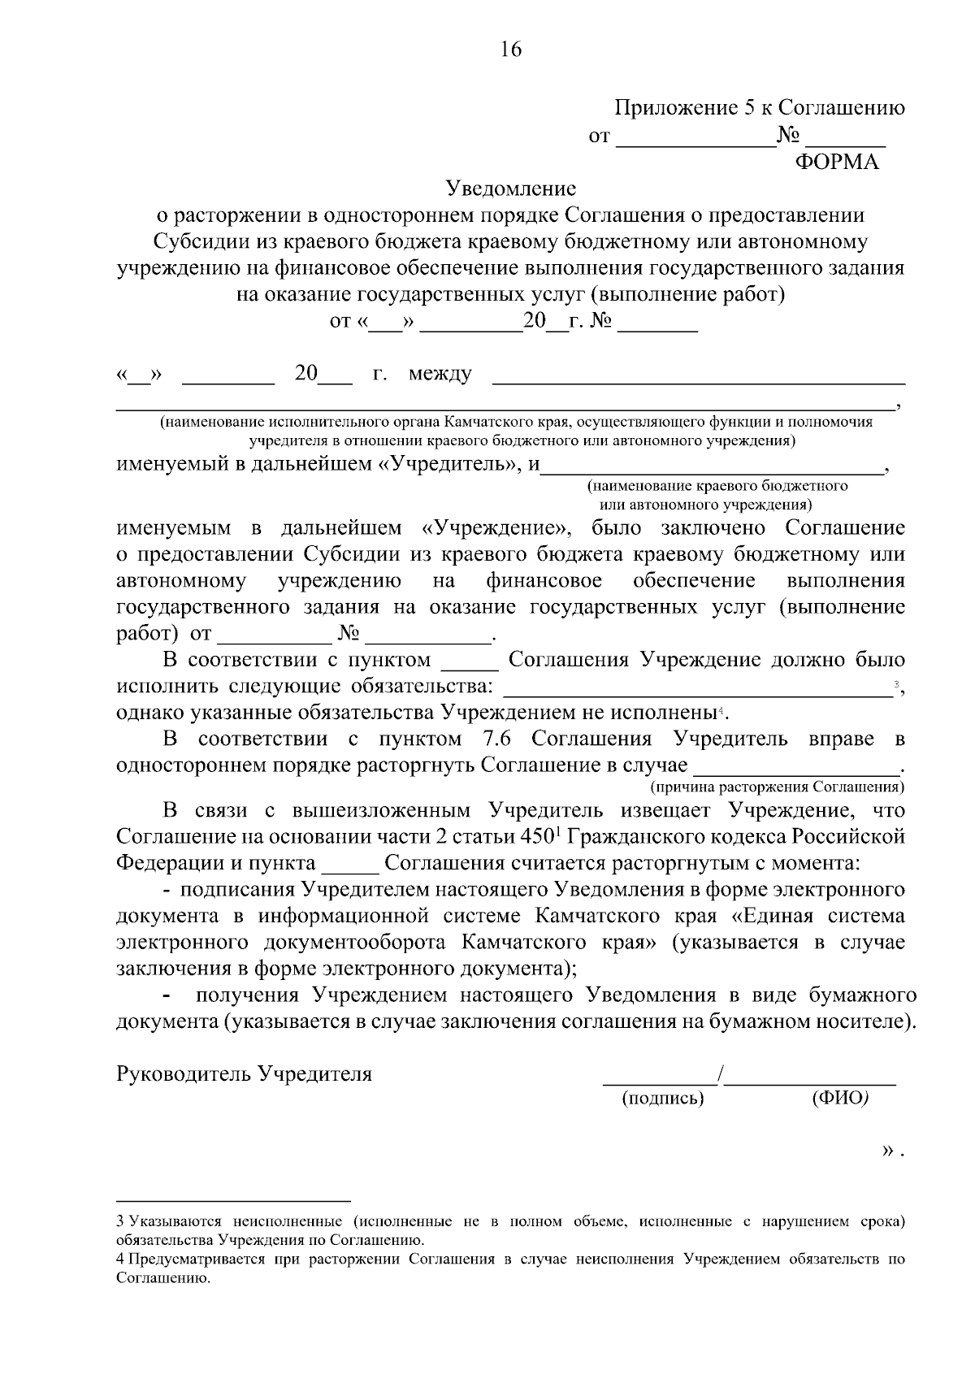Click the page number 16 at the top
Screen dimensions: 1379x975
click(x=511, y=50)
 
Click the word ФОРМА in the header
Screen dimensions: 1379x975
click(x=836, y=163)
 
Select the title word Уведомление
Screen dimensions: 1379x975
click(x=511, y=189)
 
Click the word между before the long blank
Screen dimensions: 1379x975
click(x=440, y=375)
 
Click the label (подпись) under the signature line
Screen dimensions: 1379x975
click(x=662, y=1099)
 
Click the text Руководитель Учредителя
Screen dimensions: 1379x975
click(x=245, y=1074)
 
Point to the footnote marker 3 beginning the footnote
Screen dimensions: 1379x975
click(x=120, y=1221)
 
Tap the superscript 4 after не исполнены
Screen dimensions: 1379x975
click(x=720, y=711)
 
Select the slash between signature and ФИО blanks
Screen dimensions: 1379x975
click(x=720, y=1075)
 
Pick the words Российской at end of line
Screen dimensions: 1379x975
click(x=849, y=837)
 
